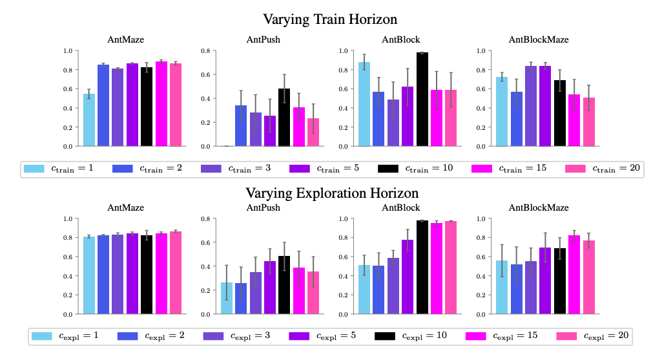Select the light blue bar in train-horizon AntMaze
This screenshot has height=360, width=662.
(89, 120)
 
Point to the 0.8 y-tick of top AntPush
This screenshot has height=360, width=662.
(206, 50)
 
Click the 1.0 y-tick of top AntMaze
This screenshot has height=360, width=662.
(68, 50)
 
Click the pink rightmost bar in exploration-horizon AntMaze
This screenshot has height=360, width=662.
(175, 273)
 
